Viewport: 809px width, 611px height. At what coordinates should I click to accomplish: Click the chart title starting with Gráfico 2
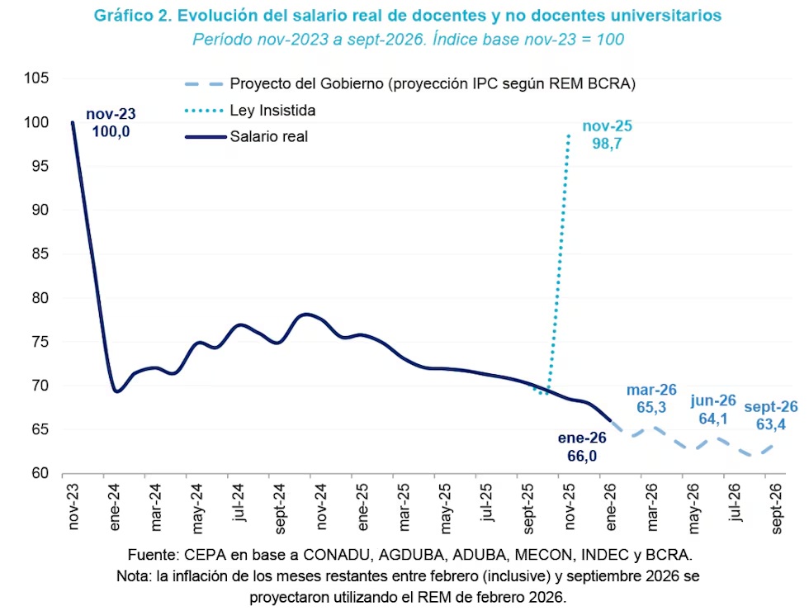point(407,16)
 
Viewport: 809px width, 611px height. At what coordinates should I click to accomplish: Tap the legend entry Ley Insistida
point(272,110)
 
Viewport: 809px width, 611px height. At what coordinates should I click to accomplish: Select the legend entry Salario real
point(268,136)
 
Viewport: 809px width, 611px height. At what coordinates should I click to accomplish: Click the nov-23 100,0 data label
point(113,123)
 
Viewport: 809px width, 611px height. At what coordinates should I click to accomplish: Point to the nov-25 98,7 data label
point(607,135)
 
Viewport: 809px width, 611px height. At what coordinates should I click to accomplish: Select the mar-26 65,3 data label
point(651,399)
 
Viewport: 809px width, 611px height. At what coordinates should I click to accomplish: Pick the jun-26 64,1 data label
point(712,410)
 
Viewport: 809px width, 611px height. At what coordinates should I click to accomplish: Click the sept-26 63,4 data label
point(771,415)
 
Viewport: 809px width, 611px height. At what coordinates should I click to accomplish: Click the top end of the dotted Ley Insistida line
point(570,134)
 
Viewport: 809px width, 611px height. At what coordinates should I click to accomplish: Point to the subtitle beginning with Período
point(407,39)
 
